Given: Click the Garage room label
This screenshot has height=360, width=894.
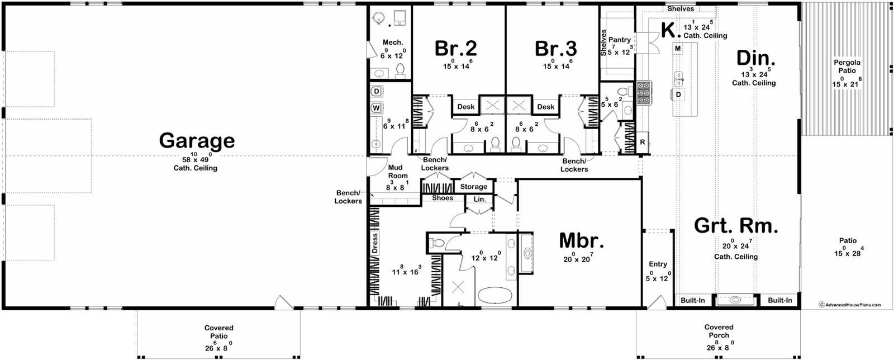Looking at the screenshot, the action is click(197, 141).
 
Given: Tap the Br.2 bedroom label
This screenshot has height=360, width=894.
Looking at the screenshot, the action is click(455, 49).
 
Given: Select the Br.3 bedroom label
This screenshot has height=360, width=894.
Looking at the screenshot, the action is click(555, 49).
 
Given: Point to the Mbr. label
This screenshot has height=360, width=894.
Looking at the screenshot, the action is click(581, 241).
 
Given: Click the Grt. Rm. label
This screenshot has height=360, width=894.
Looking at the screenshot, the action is click(736, 226).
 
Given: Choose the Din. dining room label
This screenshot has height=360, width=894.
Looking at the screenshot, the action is click(756, 59).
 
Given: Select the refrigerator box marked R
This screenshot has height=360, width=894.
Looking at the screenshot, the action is click(642, 143).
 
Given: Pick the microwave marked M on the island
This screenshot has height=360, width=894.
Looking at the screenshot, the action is click(678, 48).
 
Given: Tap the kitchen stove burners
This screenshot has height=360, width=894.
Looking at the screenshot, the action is click(643, 93).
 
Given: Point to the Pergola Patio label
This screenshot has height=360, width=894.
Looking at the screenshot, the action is click(847, 67).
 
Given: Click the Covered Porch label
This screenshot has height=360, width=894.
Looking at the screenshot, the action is click(719, 331).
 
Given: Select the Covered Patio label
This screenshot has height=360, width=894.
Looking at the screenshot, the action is click(218, 332).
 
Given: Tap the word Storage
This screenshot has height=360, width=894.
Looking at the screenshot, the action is click(474, 187).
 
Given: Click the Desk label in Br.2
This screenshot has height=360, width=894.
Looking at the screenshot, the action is click(466, 107).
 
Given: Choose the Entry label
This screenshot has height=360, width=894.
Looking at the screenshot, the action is click(658, 264).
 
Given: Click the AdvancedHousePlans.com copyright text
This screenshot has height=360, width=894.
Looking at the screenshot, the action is click(850, 305).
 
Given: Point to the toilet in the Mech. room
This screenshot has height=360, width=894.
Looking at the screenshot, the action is click(400, 70).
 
